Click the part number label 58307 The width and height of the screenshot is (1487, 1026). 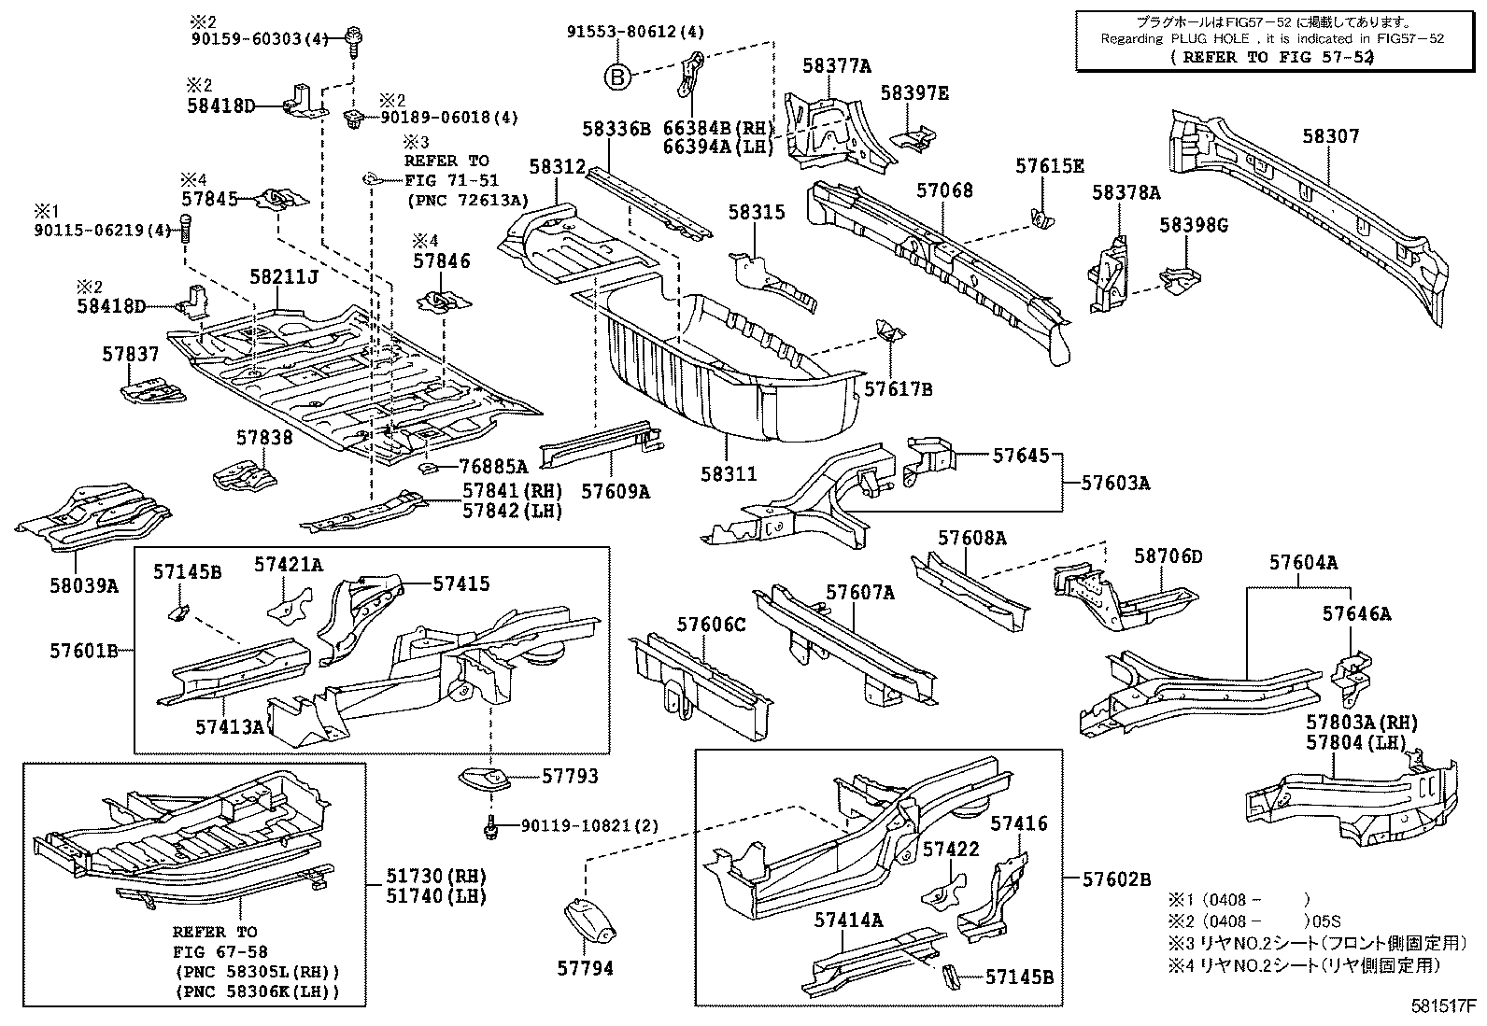pos(1331,137)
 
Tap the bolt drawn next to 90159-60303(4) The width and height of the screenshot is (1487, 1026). pos(356,38)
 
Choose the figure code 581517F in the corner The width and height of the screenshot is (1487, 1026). pos(1442,1007)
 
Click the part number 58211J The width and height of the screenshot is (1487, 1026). pos(284,277)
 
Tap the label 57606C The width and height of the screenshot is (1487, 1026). pos(712,624)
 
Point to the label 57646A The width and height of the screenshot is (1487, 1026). pos(1356,613)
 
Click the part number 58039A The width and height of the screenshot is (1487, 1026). pos(84,585)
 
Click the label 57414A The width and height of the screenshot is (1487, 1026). pos(847,920)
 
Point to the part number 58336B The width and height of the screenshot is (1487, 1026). pos(616,129)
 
